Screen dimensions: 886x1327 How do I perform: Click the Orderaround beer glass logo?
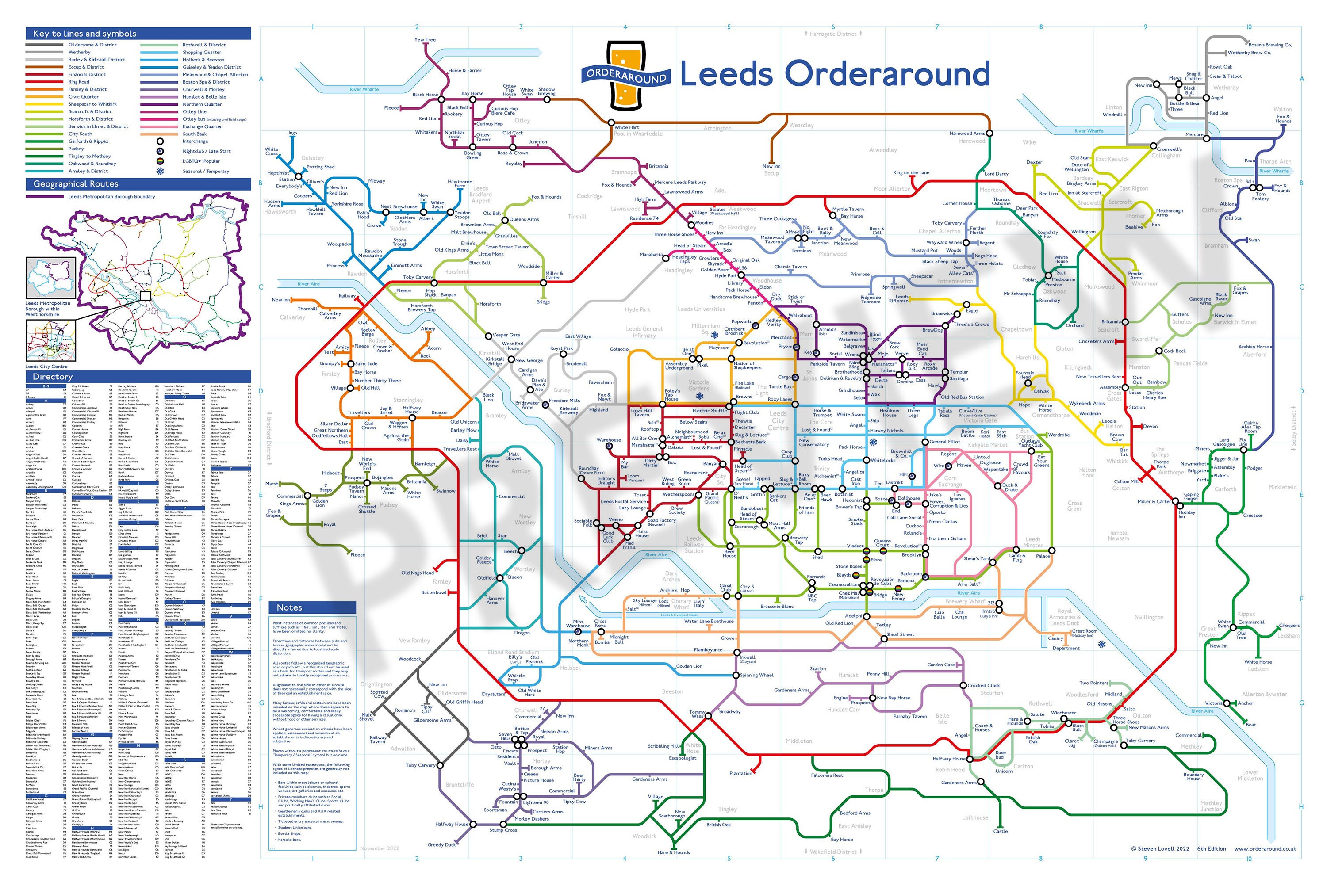(x=625, y=75)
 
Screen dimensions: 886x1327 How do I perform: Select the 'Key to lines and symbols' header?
(x=85, y=34)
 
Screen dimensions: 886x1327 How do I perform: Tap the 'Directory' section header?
(x=53, y=377)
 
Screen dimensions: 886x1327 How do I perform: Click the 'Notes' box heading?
(x=289, y=607)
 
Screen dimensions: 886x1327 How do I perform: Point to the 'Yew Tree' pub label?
(x=425, y=39)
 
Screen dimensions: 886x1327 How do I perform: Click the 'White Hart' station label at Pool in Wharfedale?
(x=627, y=127)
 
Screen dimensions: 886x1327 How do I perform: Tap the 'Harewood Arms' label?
(x=967, y=134)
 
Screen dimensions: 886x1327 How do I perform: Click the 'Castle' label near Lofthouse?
(x=1000, y=831)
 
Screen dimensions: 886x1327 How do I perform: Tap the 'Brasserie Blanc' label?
(x=777, y=606)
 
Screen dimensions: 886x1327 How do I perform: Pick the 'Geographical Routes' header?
(x=76, y=184)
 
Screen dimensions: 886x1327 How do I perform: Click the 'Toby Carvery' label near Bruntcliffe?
(x=421, y=765)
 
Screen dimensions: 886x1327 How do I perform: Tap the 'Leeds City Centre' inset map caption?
(x=46, y=366)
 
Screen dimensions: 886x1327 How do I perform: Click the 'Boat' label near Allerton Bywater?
(x=1251, y=724)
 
